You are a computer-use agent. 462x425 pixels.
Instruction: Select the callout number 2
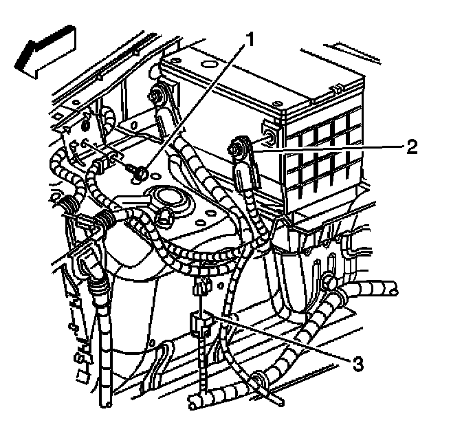tap(411, 146)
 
